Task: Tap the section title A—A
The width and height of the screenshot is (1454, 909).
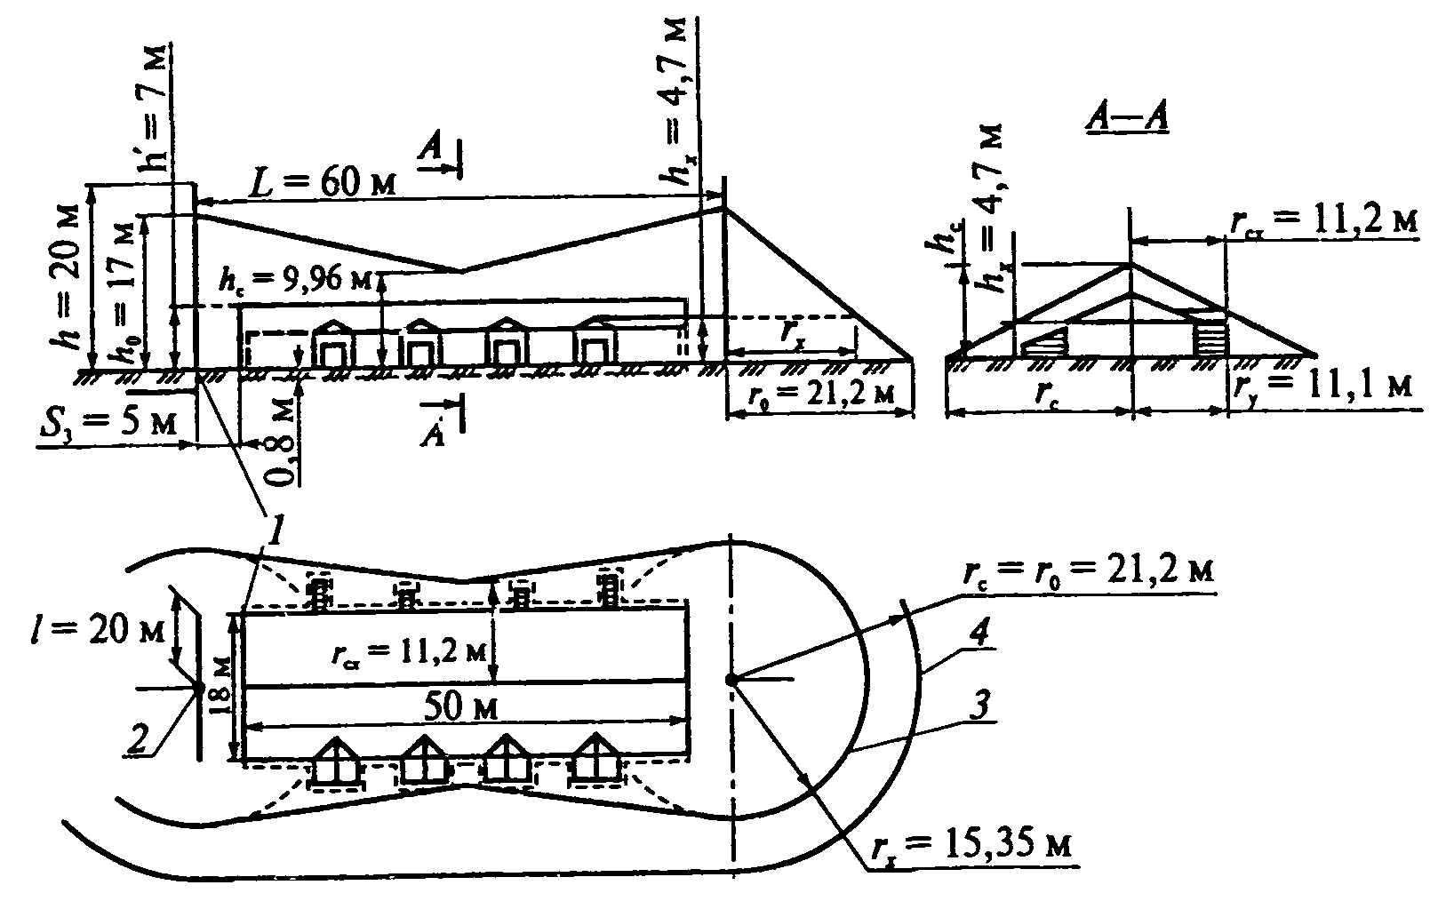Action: click(1127, 117)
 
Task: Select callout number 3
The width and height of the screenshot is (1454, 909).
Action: click(975, 709)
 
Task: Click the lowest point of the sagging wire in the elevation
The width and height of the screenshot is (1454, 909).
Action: click(459, 270)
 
